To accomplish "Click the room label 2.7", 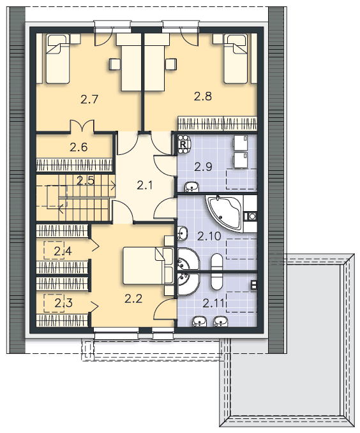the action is (x=89, y=99).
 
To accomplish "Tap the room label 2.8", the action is (x=203, y=96).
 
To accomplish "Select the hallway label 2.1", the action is (x=145, y=186).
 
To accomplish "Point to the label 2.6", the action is (x=79, y=147).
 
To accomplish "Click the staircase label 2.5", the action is (x=86, y=181).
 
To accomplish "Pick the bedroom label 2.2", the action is (x=133, y=298).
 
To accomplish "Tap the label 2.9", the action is (x=203, y=167).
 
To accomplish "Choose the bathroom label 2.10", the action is (x=209, y=236).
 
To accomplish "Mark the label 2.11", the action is (x=213, y=303).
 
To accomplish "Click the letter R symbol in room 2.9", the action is (x=183, y=144).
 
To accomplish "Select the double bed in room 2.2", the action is (x=148, y=266).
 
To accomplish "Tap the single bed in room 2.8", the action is (x=235, y=59).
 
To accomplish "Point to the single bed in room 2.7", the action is (x=57, y=59).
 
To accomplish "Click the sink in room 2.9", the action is (x=191, y=187).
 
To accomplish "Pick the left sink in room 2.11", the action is (x=199, y=321).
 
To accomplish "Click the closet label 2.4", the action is (x=63, y=251).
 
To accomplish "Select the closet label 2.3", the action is (x=63, y=303).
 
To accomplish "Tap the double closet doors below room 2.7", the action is (x=82, y=126).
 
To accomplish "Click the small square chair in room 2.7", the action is (x=114, y=64).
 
